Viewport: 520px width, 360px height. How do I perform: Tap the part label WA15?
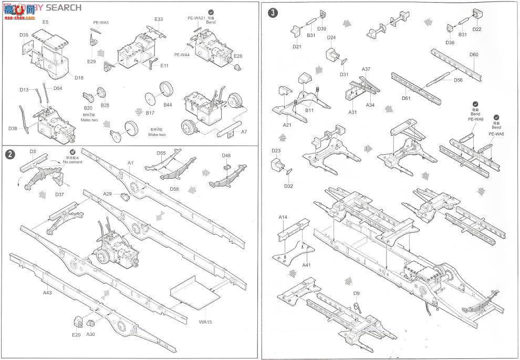tap(205, 322)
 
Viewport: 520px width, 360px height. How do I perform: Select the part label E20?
tap(76, 335)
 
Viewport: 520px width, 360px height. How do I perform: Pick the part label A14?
tap(283, 217)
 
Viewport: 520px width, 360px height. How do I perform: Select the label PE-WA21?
tap(196, 18)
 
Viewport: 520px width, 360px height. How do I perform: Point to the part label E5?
tap(45, 22)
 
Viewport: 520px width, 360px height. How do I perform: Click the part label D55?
tap(161, 153)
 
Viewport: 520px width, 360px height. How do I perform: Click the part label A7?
tap(244, 132)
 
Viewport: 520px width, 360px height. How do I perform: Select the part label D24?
tap(331, 38)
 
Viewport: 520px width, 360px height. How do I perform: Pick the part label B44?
tap(168, 105)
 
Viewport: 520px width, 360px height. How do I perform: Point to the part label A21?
tap(287, 125)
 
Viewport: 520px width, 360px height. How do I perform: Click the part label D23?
tap(277, 151)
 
